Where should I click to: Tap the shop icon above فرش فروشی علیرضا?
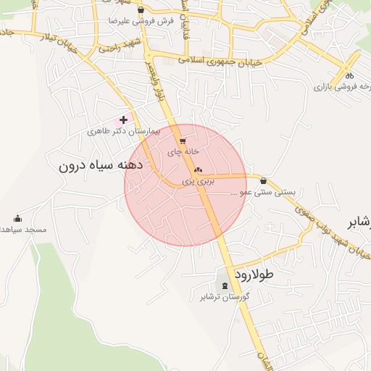pyautogui.click(x=141, y=10)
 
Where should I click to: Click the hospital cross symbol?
pyautogui.click(x=124, y=120)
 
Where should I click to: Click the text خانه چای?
pyautogui.click(x=183, y=152)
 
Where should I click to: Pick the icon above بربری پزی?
pyautogui.click(x=197, y=167)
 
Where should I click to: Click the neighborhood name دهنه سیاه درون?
pyautogui.click(x=101, y=165)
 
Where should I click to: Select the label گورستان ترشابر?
pyautogui.click(x=225, y=297)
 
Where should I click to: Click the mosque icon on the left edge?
pyautogui.click(x=18, y=218)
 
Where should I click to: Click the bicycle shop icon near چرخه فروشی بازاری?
pyautogui.click(x=349, y=75)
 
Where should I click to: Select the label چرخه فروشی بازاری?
pyautogui.click(x=341, y=86)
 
